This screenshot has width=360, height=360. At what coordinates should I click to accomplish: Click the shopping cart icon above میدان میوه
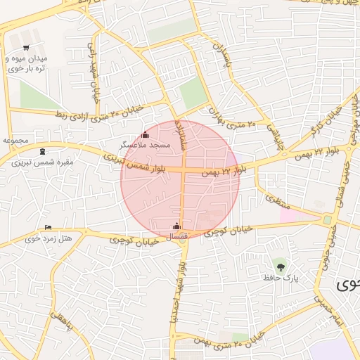pos(27,48)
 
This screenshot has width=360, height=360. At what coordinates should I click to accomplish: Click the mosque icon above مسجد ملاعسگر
pos(146,134)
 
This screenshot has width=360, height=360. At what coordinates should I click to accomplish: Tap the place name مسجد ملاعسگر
pos(146,144)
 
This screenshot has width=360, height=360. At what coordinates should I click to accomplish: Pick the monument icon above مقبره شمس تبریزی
pos(43,150)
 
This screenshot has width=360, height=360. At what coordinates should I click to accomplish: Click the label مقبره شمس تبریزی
pos(43,162)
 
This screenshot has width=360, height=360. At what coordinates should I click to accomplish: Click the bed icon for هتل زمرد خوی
pos(48,227)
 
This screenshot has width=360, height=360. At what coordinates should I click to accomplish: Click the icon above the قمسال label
pos(176,226)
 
